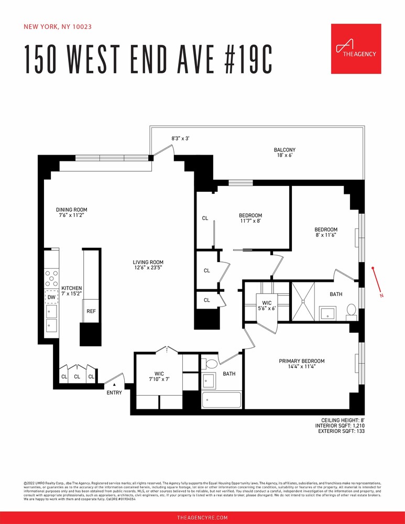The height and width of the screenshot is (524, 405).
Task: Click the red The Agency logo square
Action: click(x=357, y=49)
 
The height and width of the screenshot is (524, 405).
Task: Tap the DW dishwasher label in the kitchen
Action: click(x=51, y=297)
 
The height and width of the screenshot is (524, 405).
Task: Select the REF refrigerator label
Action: click(x=91, y=311)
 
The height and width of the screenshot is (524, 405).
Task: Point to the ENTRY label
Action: click(x=114, y=392)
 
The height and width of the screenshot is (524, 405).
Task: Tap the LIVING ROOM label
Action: click(x=148, y=263)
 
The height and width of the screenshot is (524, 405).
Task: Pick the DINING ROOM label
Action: click(x=72, y=210)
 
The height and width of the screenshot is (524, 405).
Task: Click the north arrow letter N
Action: click(x=381, y=296)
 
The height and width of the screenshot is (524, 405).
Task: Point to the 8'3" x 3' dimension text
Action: click(x=180, y=138)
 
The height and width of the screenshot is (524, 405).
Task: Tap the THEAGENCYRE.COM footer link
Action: click(x=202, y=517)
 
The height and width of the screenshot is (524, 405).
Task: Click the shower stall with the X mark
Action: click(x=303, y=301)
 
